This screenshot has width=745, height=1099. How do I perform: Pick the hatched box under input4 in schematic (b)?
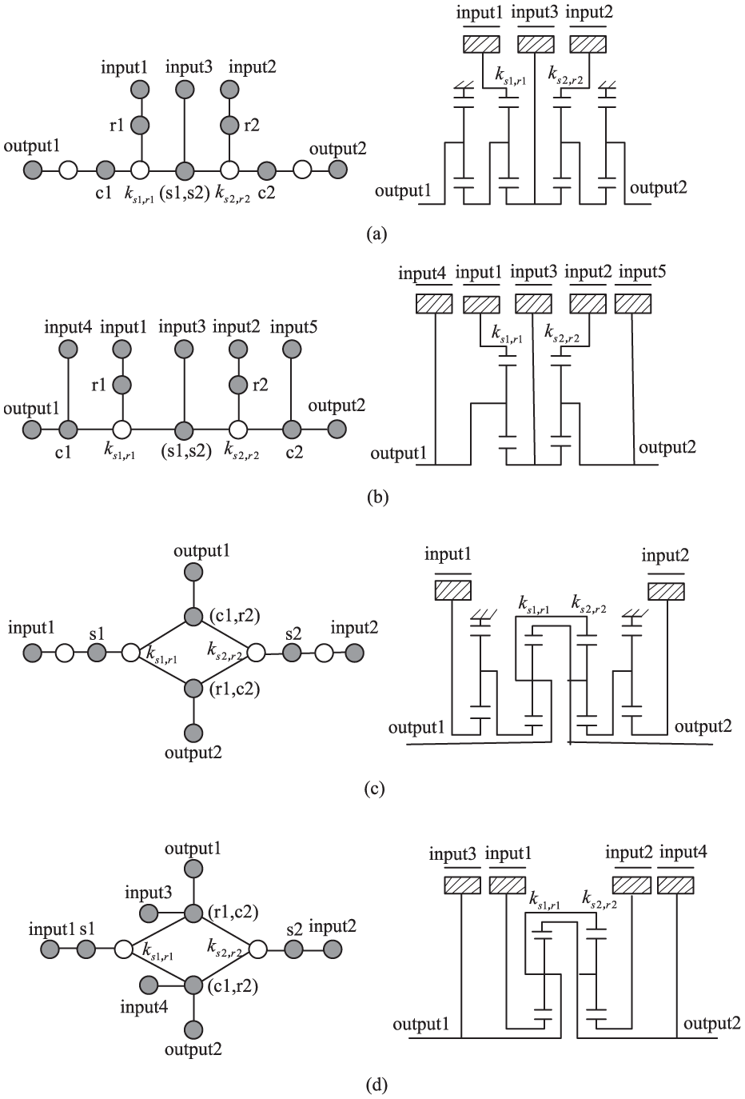coord(434,305)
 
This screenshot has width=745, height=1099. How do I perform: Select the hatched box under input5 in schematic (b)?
coord(633,305)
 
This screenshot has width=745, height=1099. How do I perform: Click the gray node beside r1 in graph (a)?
coord(140,125)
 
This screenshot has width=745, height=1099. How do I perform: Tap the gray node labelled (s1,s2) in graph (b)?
coord(185,429)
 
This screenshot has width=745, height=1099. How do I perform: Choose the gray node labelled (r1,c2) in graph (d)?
coord(193,913)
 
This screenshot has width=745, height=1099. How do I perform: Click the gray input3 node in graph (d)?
coord(148,913)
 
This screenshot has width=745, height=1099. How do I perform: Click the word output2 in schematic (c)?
coord(703,726)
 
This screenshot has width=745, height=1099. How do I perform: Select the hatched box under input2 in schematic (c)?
coord(667,591)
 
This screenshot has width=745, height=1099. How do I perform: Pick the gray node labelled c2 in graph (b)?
coord(291,429)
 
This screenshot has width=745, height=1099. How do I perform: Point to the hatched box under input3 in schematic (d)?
coord(462,885)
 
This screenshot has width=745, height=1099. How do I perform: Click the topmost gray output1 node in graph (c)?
coord(193,571)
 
